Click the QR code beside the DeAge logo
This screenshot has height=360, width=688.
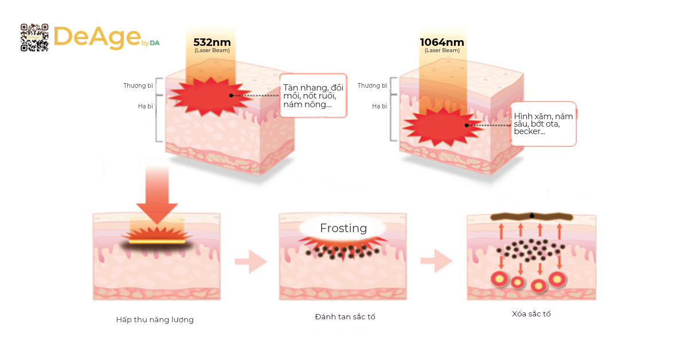tap(34, 37)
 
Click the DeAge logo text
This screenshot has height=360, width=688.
tap(97, 37)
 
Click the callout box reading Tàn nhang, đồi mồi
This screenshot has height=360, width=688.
tap(313, 96)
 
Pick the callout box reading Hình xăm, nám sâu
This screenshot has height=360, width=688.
tap(543, 124)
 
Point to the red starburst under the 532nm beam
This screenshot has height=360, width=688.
tap(210, 97)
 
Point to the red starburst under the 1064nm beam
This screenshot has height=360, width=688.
tap(443, 127)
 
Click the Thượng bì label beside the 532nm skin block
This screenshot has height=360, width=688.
tap(138, 85)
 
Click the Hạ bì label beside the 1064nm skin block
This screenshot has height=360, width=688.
tap(380, 106)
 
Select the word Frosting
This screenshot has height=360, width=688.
tap(343, 228)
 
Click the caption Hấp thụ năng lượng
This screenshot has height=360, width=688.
tap(155, 320)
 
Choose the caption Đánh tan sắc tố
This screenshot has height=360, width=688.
tap(345, 316)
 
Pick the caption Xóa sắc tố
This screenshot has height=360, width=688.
tap(531, 314)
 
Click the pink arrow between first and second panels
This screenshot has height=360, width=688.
tap(251, 261)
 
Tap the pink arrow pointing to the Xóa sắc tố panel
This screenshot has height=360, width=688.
tap(436, 261)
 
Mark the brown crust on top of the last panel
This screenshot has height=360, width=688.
tap(531, 217)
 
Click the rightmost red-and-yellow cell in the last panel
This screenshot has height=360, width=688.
tap(557, 280)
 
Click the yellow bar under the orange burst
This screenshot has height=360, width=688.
tap(157, 242)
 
